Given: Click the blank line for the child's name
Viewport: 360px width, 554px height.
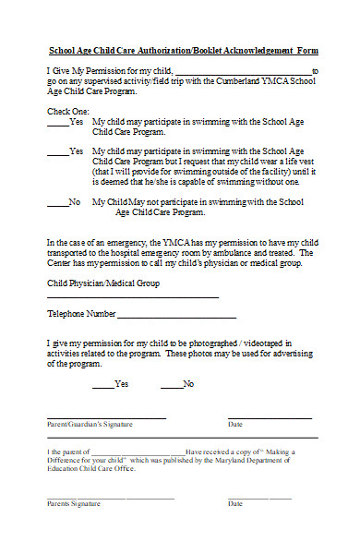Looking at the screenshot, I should (x=243, y=72).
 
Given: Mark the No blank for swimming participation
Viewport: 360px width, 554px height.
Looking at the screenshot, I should (x=56, y=202).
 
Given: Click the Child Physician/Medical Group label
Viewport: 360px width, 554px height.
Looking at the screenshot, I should (x=102, y=283).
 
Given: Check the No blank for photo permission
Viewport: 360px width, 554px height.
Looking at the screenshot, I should (x=171, y=385).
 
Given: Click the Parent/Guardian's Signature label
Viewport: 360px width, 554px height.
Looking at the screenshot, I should (x=90, y=424).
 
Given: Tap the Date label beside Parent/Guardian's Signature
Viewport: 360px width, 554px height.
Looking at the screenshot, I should (x=235, y=424).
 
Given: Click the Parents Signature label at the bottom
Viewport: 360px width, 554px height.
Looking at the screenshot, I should (x=74, y=503).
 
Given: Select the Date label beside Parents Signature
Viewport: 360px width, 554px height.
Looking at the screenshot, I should (x=235, y=503).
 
